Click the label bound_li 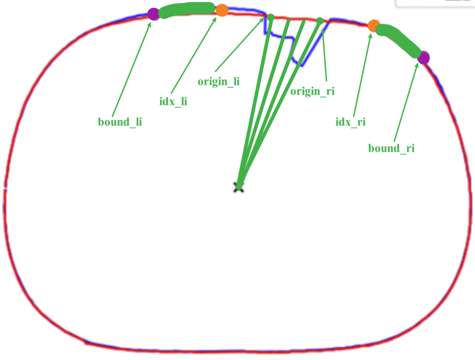(x=120, y=122)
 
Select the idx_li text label (x=173, y=101)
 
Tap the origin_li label (x=218, y=82)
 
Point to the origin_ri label (x=313, y=91)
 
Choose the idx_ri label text (x=350, y=122)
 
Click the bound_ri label (x=391, y=148)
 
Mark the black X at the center (x=238, y=188)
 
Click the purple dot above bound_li (x=154, y=14)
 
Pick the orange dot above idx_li (x=222, y=10)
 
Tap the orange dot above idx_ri (x=374, y=25)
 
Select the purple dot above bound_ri (x=423, y=57)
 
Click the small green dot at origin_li (x=270, y=17)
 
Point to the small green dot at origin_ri (x=320, y=20)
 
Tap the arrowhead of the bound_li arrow (x=150, y=22)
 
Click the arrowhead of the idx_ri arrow (x=370, y=33)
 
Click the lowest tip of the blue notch (x=301, y=66)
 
